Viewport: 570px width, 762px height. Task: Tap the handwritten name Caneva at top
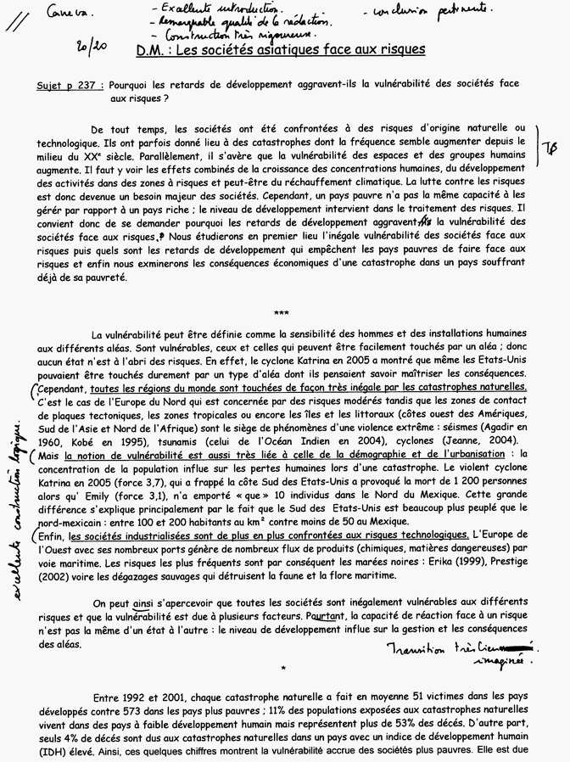[x=75, y=13]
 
